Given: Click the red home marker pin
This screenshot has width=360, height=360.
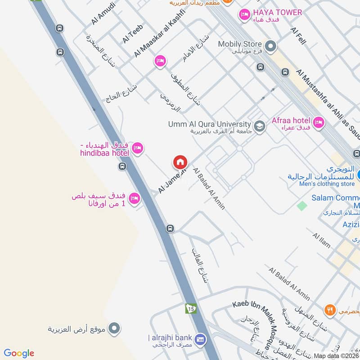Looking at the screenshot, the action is (180, 162).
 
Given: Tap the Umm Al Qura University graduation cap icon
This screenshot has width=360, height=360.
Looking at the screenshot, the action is (259, 126).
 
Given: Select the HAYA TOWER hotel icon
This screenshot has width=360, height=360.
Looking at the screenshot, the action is (244, 14).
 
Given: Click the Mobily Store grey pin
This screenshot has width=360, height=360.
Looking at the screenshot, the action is (270, 45).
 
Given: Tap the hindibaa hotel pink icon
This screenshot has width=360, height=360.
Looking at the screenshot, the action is (137, 148).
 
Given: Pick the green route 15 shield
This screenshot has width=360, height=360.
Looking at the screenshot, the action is (191, 309).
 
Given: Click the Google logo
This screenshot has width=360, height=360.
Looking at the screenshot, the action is (19, 353).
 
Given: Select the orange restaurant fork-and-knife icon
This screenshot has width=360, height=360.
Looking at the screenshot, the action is (330, 310).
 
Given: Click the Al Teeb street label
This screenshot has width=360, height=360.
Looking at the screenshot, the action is (132, 34).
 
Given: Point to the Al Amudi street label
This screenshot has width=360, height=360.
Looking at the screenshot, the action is (103, 13).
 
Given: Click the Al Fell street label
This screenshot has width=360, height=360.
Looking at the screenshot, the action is (298, 36).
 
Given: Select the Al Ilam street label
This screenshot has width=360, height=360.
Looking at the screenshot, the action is (321, 241).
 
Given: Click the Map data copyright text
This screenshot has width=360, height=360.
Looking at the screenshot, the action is (336, 355).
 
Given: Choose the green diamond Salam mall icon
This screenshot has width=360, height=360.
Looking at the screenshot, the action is (301, 206).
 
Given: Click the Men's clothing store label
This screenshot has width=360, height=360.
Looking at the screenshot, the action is (321, 184).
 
